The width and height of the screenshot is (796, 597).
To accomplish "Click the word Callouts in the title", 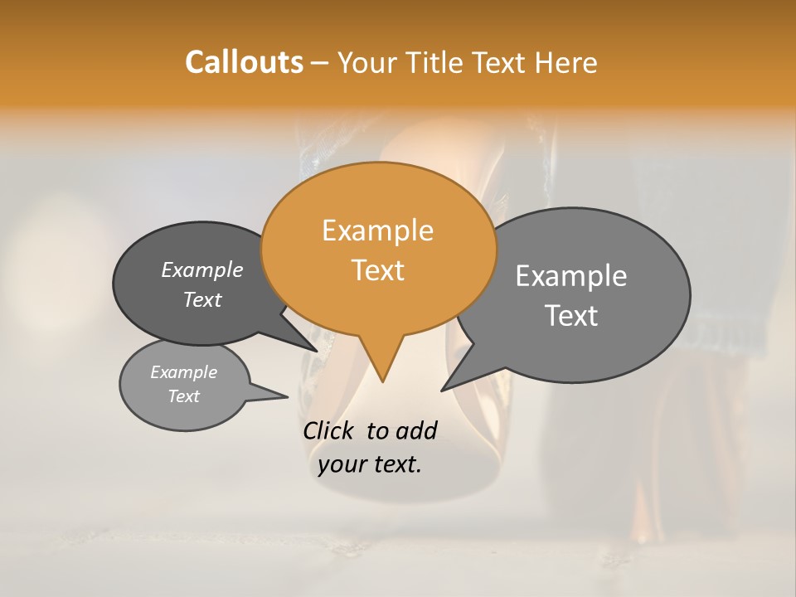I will [x=244, y=62].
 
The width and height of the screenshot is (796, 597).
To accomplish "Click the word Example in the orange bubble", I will [x=377, y=231].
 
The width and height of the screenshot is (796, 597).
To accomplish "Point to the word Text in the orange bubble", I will [x=378, y=270].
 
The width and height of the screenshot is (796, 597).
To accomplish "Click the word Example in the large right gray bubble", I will [x=571, y=276].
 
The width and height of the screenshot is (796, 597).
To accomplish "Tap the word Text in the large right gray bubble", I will [x=572, y=316].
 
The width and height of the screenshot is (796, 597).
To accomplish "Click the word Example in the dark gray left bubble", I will [x=201, y=269].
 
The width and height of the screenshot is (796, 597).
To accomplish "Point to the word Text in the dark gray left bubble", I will [x=202, y=299].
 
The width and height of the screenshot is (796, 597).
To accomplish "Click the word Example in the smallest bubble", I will [x=183, y=372].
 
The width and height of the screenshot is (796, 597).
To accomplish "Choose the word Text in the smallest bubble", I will [x=183, y=396].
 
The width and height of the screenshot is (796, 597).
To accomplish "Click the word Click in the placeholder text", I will [x=330, y=430].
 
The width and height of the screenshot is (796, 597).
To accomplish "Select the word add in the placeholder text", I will [x=415, y=430].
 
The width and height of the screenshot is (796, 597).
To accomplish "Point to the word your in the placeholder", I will [x=341, y=465].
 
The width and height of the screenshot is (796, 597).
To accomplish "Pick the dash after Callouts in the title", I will [x=320, y=63].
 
